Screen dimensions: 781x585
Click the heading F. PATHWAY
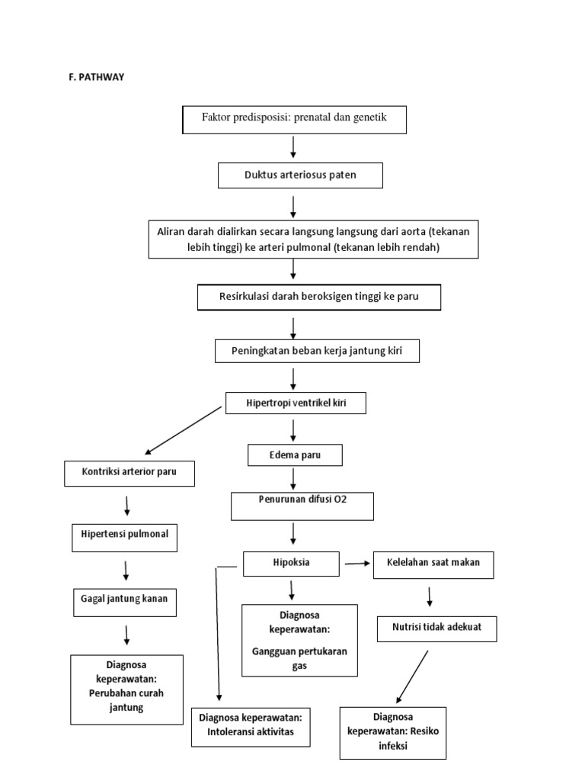coord(95,76)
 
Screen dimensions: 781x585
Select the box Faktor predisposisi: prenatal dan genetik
coord(295,119)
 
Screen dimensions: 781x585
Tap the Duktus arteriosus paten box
coord(300,175)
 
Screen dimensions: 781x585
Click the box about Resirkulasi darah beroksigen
coord(318,297)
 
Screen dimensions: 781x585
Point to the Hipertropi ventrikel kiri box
coord(296,402)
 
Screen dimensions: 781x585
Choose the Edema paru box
coord(295,455)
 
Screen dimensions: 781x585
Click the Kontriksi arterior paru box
coord(129,473)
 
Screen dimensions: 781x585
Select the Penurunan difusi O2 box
coord(302,506)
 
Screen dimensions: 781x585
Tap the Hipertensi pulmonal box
coord(125,538)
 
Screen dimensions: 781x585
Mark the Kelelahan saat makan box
coord(433,564)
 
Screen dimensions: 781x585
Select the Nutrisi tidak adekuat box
coord(437,629)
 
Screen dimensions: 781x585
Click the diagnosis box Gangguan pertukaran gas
coord(299,640)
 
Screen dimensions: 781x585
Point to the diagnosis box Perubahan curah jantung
coord(126,689)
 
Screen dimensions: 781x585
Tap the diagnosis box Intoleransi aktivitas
coord(251,725)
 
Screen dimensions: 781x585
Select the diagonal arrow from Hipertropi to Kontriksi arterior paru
coord(183,430)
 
